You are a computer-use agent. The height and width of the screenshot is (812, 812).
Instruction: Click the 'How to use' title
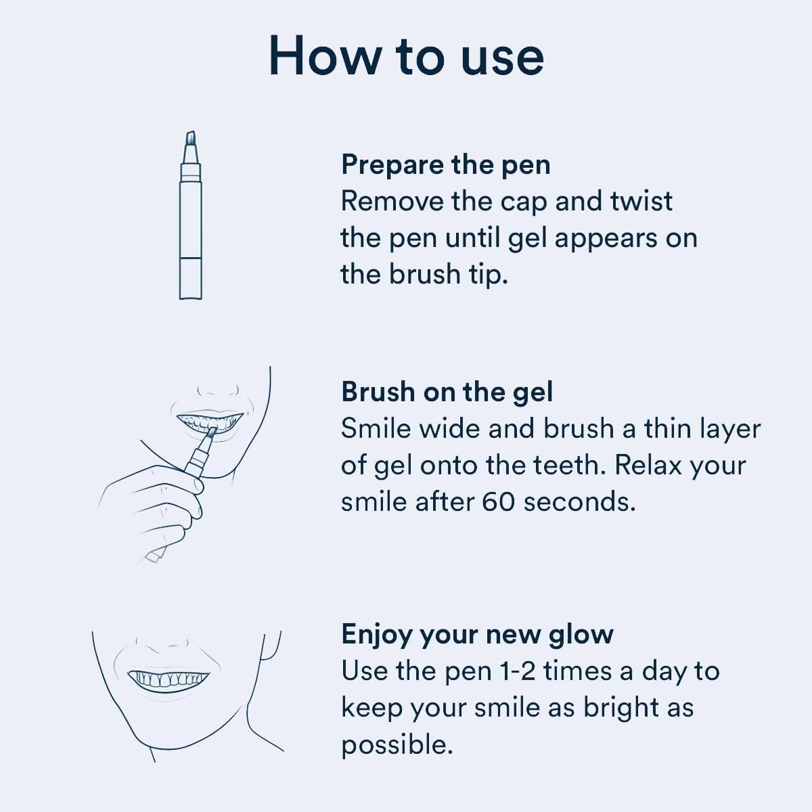click(406, 55)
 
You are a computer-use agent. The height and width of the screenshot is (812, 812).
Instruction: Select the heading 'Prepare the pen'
click(445, 164)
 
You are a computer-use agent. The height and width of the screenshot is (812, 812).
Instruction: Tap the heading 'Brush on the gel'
click(447, 392)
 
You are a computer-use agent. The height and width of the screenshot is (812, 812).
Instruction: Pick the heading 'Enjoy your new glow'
click(477, 634)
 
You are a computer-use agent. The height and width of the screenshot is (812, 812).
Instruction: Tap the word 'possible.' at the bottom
click(397, 744)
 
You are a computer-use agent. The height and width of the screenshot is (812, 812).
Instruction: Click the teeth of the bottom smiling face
click(168, 678)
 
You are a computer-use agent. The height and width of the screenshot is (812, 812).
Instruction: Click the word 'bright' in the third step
click(621, 708)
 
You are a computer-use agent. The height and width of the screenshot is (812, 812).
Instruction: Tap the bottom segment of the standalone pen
click(190, 277)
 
